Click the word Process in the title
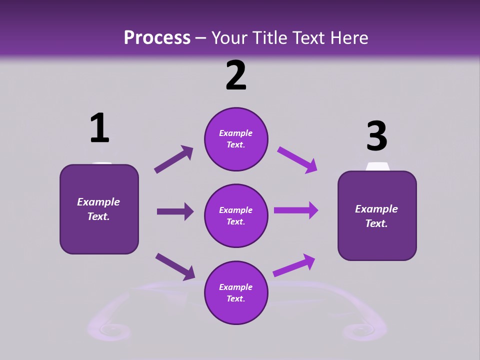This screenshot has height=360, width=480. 157,37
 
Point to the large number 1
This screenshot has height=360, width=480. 99,128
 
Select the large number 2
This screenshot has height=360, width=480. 236,75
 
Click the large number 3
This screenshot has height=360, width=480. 376,136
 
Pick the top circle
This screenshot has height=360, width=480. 236,139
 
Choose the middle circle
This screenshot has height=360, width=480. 236,215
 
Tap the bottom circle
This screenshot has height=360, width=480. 236,292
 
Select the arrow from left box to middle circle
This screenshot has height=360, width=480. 175,211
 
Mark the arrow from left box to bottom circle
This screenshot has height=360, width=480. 175,266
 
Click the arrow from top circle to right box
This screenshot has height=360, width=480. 297,159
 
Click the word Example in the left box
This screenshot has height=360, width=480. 98,202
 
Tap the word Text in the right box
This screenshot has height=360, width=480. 376,223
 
